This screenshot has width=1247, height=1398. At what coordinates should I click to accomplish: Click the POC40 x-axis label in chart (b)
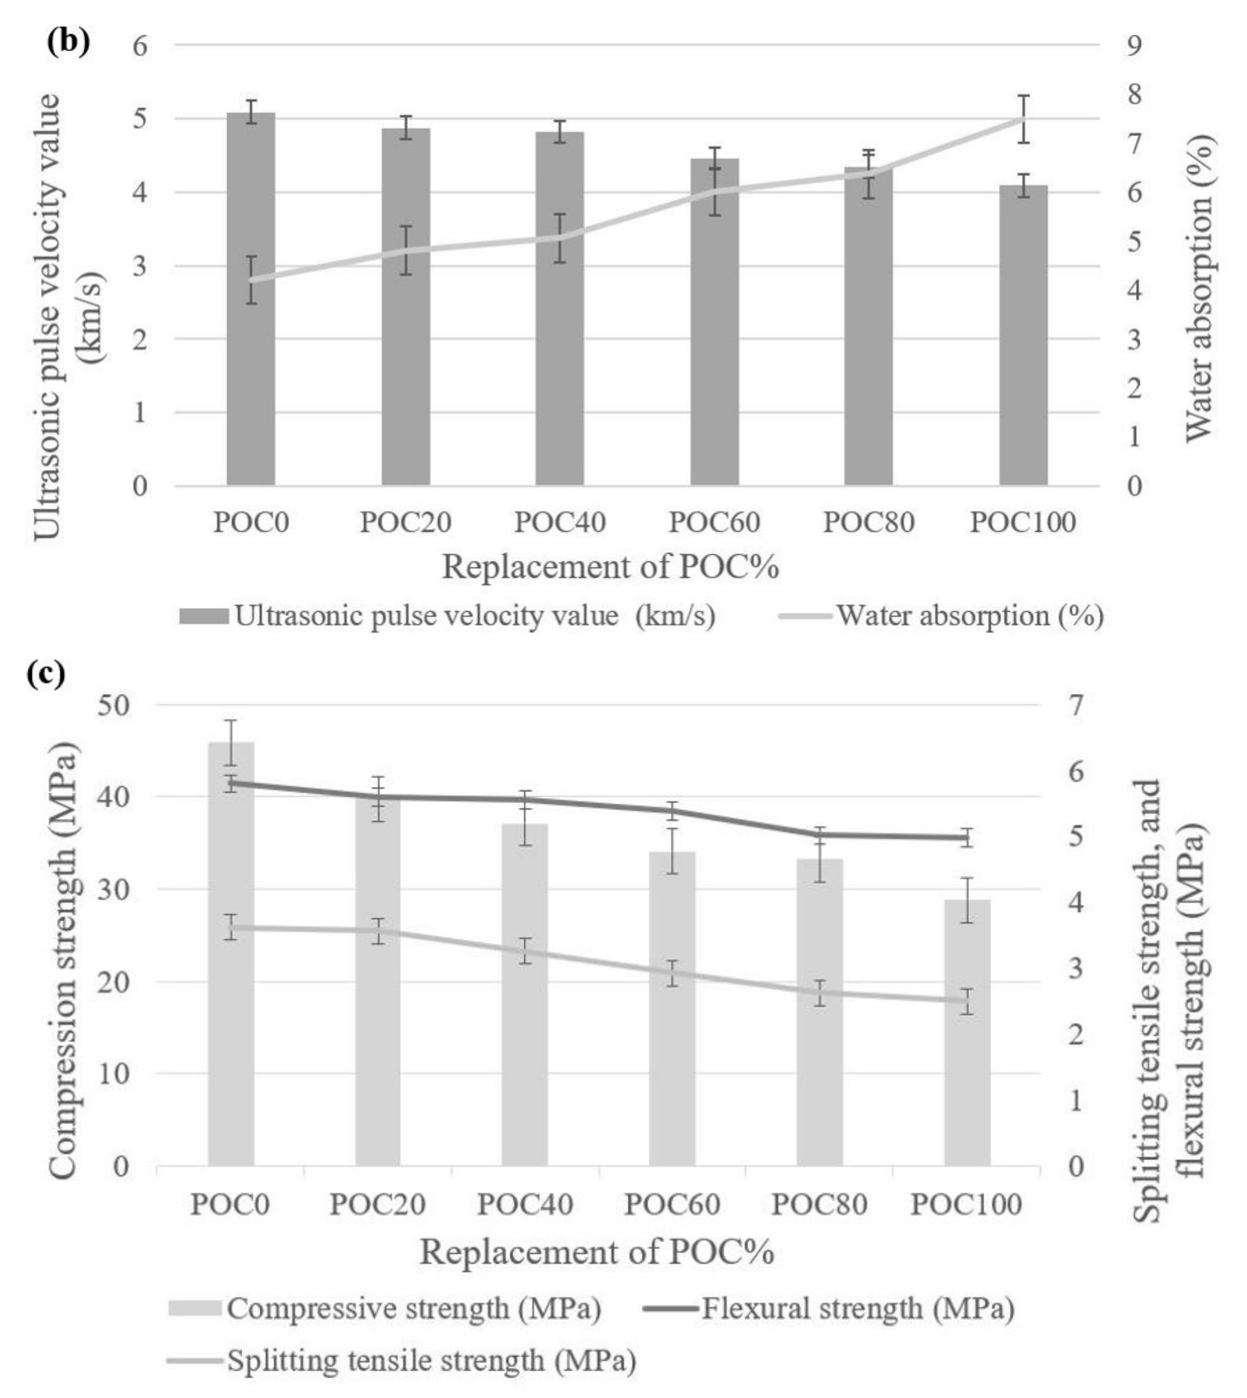click(x=560, y=523)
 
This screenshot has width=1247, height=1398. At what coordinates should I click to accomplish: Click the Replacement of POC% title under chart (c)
click(x=596, y=1252)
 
